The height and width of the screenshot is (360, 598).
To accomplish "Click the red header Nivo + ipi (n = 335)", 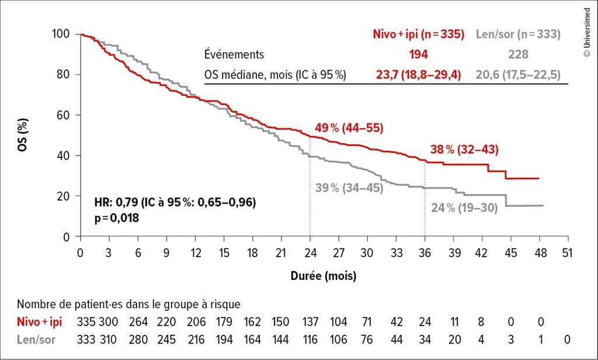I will (418, 34).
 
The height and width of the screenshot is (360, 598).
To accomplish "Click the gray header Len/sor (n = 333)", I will (519, 34).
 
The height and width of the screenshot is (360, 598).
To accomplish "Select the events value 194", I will (418, 54).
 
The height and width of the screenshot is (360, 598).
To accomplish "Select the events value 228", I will (519, 54).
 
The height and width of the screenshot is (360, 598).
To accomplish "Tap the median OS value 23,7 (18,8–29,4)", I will (418, 74).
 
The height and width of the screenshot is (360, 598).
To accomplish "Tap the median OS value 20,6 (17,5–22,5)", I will (519, 74).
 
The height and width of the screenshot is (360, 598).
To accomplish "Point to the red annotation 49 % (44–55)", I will (345, 129).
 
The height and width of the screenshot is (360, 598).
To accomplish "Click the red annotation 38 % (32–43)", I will (464, 149).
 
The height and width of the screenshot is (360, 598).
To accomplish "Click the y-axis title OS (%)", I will (22, 136).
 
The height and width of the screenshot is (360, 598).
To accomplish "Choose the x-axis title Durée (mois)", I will (324, 275).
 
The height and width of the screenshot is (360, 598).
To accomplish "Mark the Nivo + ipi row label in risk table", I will (40, 321).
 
